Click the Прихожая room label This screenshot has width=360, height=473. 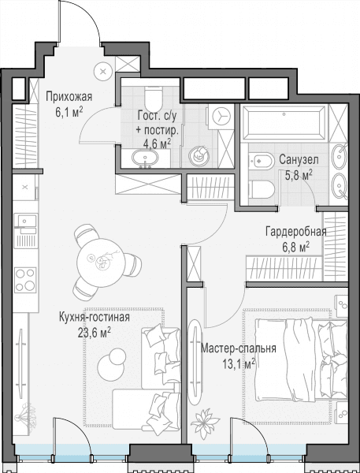click(69, 97)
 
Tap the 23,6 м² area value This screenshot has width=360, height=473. click(95, 333)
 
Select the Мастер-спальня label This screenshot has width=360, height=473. click(239, 348)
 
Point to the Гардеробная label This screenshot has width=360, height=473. click(295, 232)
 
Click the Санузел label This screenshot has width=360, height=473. click(299, 160)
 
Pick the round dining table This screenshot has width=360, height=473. click(101, 263)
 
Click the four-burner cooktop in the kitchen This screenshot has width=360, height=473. click(25, 280)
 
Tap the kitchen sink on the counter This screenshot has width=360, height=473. click(26, 221)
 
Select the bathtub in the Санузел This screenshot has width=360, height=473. click(284, 121)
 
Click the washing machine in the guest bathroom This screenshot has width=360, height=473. click(221, 117)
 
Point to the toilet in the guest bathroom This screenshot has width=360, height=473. click(154, 98)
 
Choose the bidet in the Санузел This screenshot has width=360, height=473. click(261, 161)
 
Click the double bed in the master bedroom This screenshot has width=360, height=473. click(301, 360)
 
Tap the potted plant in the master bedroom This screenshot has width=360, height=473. click(206, 423)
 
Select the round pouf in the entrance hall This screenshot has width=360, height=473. click(103, 72)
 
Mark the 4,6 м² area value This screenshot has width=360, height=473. click(157, 143)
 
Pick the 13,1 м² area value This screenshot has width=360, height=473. click(239, 363)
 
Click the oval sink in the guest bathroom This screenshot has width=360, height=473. click(145, 157)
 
